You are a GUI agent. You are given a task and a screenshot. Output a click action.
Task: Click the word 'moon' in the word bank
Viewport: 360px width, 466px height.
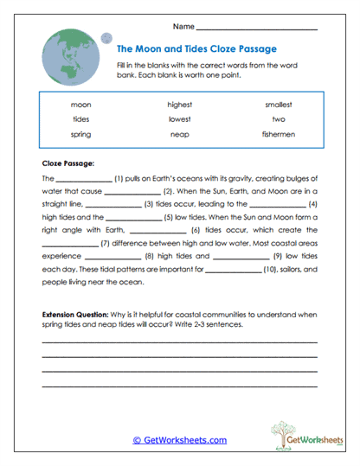[81, 105]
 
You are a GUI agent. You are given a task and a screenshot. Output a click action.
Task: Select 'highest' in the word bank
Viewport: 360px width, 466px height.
[180, 105]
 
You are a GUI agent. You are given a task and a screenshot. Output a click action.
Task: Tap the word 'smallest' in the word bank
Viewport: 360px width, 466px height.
[279, 105]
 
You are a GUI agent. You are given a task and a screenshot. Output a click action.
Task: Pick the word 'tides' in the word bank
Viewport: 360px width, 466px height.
[81, 119]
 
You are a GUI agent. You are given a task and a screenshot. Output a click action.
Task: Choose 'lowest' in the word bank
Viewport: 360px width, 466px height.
[180, 119]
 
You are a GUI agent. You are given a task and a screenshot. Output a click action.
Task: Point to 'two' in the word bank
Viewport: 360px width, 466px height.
[279, 119]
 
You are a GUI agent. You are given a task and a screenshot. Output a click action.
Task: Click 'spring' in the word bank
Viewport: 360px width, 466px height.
[81, 135]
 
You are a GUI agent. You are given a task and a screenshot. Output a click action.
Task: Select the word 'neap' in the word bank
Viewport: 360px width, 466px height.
[180, 135]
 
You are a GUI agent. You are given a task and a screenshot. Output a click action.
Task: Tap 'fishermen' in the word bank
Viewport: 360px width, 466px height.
[279, 135]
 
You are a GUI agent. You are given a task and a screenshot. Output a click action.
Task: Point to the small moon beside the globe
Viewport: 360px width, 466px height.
[107, 37]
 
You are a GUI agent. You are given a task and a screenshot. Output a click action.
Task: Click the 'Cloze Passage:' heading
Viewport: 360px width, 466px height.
[68, 162]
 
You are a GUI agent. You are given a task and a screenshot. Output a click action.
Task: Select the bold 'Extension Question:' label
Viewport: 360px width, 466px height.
[77, 313]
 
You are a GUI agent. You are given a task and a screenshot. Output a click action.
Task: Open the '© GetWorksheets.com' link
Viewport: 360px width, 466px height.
[179, 440]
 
